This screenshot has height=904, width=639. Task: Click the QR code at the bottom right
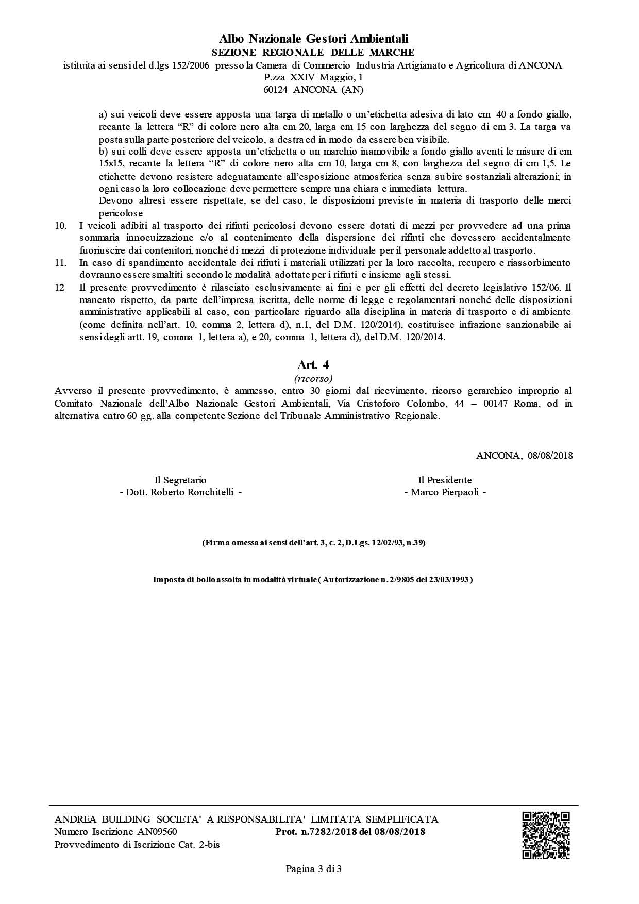coord(546,835)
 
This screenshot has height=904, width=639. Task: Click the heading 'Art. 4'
coord(313,365)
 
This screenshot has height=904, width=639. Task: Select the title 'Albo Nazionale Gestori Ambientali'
coord(313,39)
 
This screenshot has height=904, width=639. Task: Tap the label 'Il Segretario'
coord(180,480)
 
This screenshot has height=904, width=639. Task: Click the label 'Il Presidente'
coord(445,480)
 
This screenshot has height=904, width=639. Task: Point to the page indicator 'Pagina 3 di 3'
coord(314,869)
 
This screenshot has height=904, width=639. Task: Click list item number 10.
coord(60,226)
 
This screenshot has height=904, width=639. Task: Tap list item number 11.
coord(60,263)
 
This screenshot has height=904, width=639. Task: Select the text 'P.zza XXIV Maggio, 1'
coord(313,77)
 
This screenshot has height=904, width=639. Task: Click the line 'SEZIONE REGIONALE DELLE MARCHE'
coord(313,52)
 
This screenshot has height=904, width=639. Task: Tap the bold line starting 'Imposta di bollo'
coord(313,579)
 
